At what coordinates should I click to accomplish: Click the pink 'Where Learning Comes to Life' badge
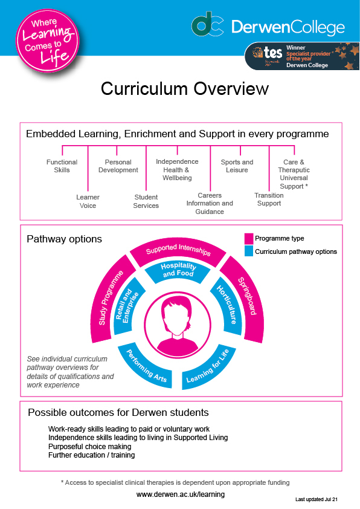click(x=48, y=41)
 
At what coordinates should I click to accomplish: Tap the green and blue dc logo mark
click(x=207, y=24)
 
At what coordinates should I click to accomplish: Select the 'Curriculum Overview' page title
click(x=185, y=89)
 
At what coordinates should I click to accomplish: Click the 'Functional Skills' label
click(x=62, y=166)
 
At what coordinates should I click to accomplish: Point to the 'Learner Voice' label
click(x=88, y=201)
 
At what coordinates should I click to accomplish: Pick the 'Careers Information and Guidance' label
click(x=210, y=204)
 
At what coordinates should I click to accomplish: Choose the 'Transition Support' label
click(x=269, y=199)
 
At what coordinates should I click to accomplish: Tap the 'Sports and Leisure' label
click(x=237, y=166)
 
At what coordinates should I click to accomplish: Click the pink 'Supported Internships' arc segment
click(x=178, y=251)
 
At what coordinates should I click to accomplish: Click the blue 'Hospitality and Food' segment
click(x=178, y=271)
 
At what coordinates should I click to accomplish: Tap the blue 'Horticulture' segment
click(x=228, y=305)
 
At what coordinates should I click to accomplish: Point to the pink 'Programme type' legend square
click(x=249, y=239)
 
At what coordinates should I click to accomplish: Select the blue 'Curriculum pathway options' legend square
click(x=249, y=251)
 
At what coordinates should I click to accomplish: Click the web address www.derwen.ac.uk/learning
click(x=181, y=494)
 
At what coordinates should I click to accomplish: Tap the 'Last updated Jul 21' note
click(x=317, y=499)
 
